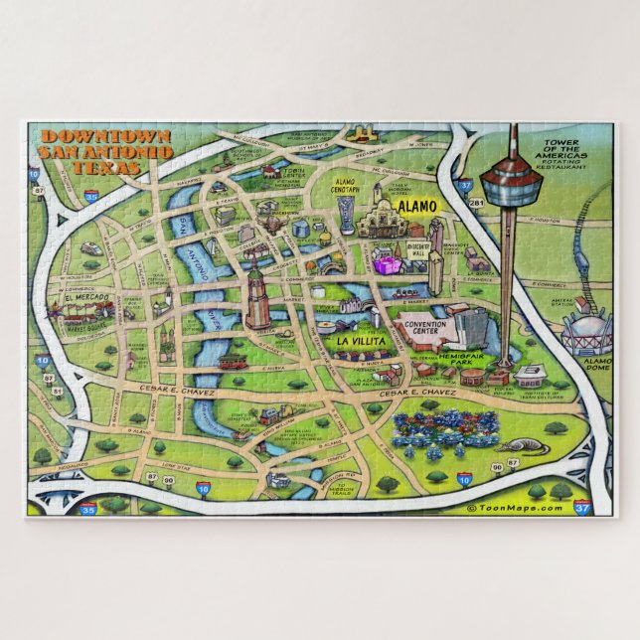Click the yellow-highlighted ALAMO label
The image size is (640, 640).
(x=417, y=207)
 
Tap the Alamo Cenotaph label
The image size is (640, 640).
(x=345, y=187)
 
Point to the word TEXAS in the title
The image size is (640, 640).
(x=100, y=166)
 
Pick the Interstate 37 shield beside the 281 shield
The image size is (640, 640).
(x=465, y=183)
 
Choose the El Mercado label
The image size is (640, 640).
(x=83, y=297)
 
